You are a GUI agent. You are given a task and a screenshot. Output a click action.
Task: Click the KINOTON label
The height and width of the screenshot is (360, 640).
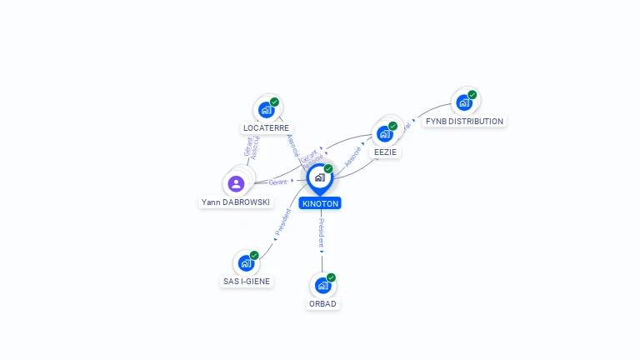(321, 203)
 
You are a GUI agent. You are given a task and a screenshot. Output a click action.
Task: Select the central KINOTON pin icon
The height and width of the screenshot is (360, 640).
(320, 177)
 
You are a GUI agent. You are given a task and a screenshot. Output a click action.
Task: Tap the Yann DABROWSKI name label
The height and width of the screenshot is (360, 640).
(236, 202)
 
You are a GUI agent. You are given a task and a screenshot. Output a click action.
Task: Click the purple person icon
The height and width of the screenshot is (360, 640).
(236, 183)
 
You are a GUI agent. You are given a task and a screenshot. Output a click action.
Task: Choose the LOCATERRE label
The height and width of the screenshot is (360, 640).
(266, 128)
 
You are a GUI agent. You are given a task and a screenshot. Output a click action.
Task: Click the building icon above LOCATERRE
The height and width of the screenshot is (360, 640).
(266, 109)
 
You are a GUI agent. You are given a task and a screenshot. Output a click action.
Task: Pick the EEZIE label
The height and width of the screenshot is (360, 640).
(386, 152)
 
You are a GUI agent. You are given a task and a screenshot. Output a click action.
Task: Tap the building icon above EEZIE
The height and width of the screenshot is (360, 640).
(384, 133)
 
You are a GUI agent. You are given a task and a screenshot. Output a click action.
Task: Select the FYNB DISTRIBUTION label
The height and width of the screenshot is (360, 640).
(464, 121)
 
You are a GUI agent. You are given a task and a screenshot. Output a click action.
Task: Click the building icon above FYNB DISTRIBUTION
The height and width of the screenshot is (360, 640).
(463, 102)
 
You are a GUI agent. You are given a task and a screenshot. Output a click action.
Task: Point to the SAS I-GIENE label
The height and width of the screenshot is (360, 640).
(247, 282)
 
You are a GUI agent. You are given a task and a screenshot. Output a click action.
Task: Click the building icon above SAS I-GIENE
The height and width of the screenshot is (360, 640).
(246, 262)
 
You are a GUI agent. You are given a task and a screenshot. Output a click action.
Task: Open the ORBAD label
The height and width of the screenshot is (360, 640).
(322, 303)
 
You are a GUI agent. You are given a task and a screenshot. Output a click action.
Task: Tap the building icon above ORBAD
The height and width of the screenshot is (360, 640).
(322, 285)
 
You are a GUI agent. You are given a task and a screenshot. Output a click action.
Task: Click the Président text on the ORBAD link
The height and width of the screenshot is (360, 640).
(321, 233)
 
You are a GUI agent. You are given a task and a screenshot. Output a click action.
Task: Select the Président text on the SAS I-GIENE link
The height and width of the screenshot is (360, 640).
(282, 224)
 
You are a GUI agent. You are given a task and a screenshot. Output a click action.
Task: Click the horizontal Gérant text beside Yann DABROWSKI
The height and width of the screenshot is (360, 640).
(277, 182)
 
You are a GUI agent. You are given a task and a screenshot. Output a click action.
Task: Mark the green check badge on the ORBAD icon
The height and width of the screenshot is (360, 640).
(331, 277)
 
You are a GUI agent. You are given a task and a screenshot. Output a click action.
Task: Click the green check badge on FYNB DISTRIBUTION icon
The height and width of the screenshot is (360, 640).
(472, 94)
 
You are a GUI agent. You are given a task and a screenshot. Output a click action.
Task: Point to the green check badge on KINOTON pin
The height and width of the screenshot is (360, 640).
(328, 168)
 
